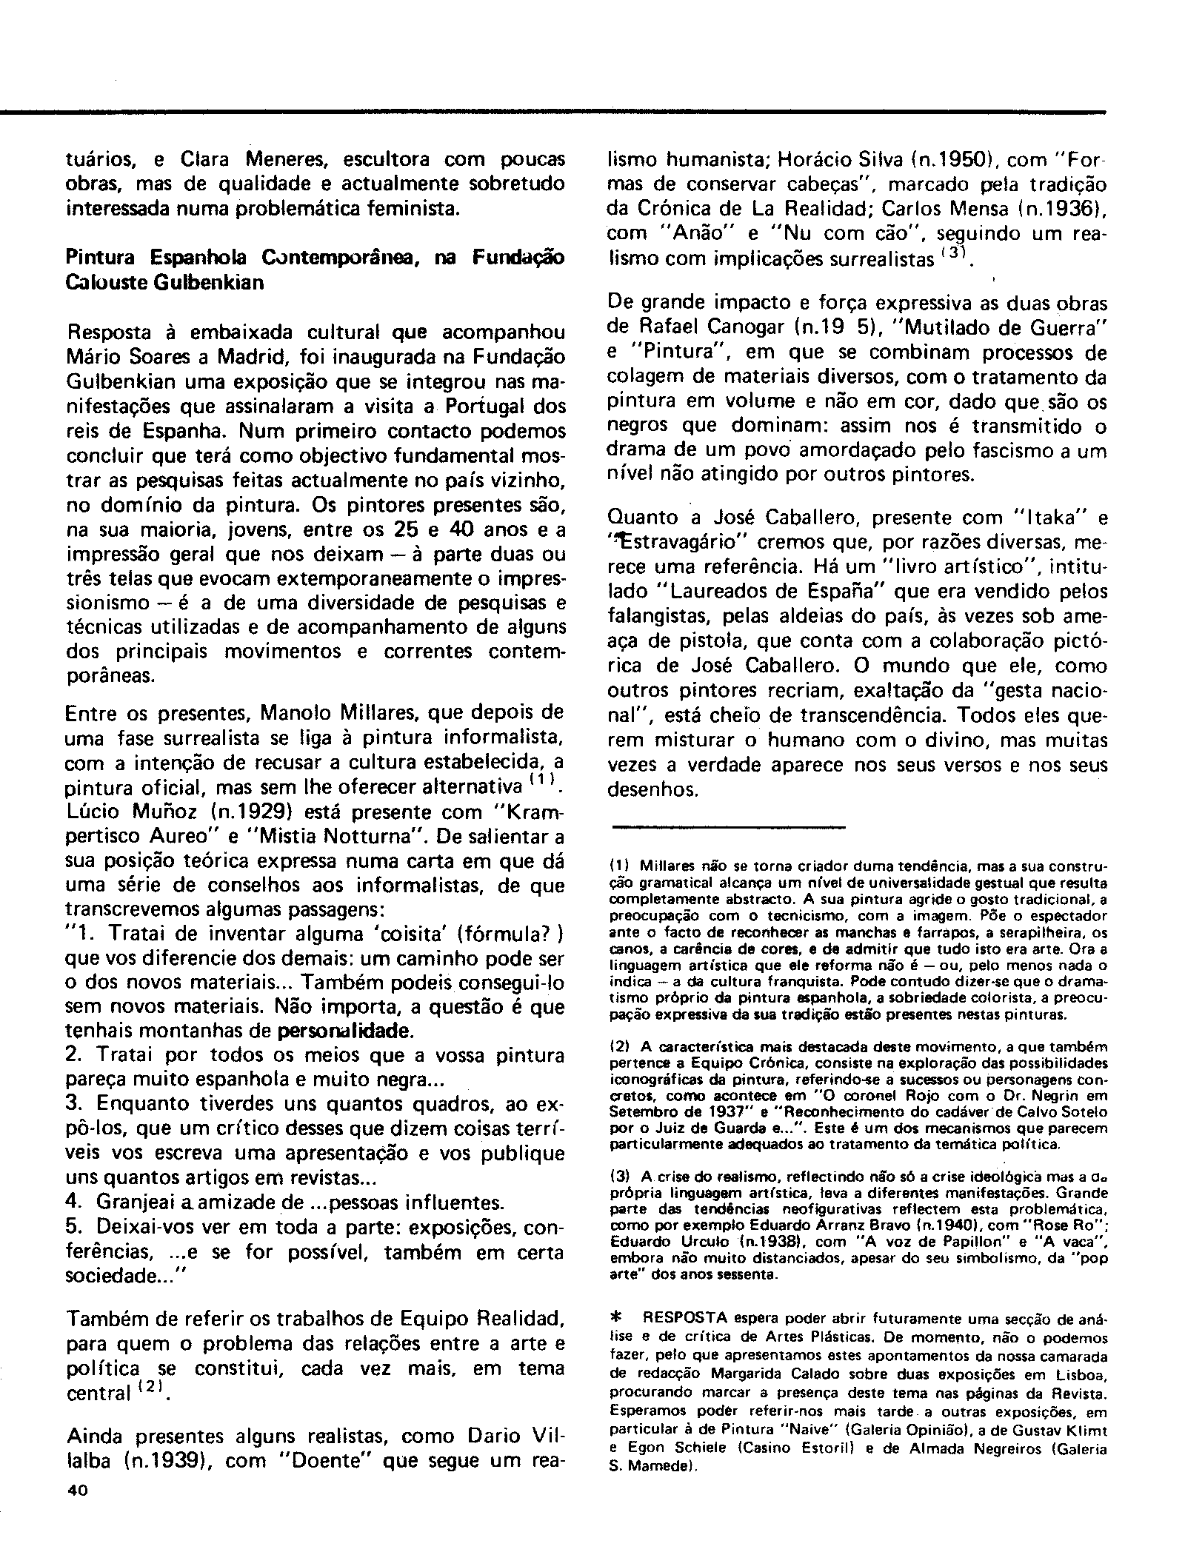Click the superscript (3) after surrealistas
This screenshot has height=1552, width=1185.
point(952,252)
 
